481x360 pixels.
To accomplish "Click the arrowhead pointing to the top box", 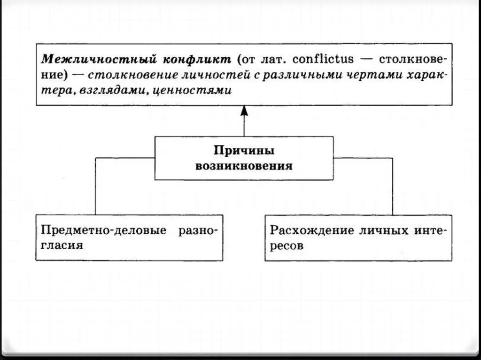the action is [244, 111].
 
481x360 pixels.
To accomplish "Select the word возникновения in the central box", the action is [244, 166].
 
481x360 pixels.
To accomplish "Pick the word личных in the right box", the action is [385, 231].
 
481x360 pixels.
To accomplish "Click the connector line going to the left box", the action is [96, 188].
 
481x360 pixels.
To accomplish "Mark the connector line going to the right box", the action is [392, 188].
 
